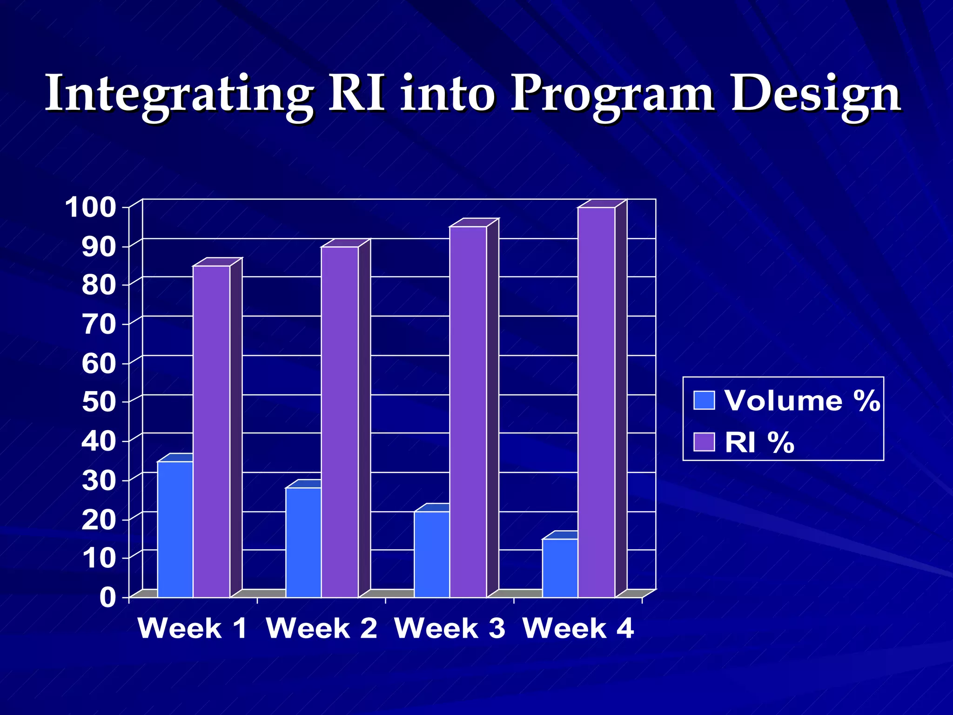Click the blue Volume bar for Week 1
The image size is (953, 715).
[175, 529]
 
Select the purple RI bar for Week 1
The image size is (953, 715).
[212, 431]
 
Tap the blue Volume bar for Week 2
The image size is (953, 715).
[303, 542]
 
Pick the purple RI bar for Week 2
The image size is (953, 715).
[340, 421]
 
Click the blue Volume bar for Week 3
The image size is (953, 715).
[431, 554]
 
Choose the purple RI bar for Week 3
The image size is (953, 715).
[468, 411]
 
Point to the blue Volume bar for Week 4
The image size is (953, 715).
[560, 568]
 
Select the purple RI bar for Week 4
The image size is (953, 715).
[597, 402]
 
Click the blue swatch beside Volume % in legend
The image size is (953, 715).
[704, 400]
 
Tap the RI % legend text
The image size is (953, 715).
[759, 442]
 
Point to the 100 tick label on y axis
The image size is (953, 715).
[90, 207]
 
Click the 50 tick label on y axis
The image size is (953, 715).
[99, 402]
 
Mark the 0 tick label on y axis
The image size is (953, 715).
[107, 597]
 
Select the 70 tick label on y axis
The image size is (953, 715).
[99, 324]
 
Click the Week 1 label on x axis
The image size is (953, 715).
[192, 628]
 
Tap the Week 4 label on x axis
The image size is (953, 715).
[578, 628]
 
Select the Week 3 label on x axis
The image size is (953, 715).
[450, 628]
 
